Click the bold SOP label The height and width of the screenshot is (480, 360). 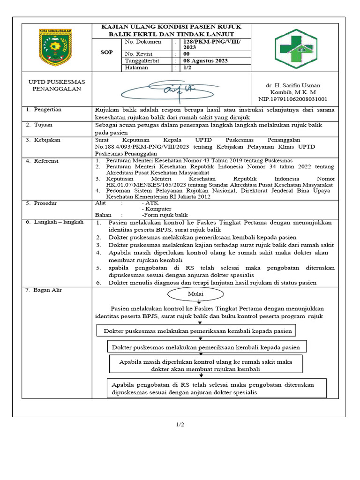pyautogui.click(x=107, y=52)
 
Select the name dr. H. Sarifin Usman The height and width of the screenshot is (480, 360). pyautogui.click(x=293, y=85)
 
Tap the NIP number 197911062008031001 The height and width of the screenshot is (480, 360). pyautogui.click(x=293, y=99)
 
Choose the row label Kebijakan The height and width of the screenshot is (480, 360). pyautogui.click(x=47, y=140)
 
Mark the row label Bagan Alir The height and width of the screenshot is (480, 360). pyautogui.click(x=47, y=291)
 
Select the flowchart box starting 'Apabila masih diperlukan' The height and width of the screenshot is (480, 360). pyautogui.click(x=206, y=366)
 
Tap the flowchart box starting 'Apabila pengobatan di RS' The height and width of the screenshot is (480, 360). pyautogui.click(x=212, y=389)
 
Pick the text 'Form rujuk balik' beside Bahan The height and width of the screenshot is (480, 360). pyautogui.click(x=162, y=215)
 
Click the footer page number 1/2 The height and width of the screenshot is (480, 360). pyautogui.click(x=180, y=425)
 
